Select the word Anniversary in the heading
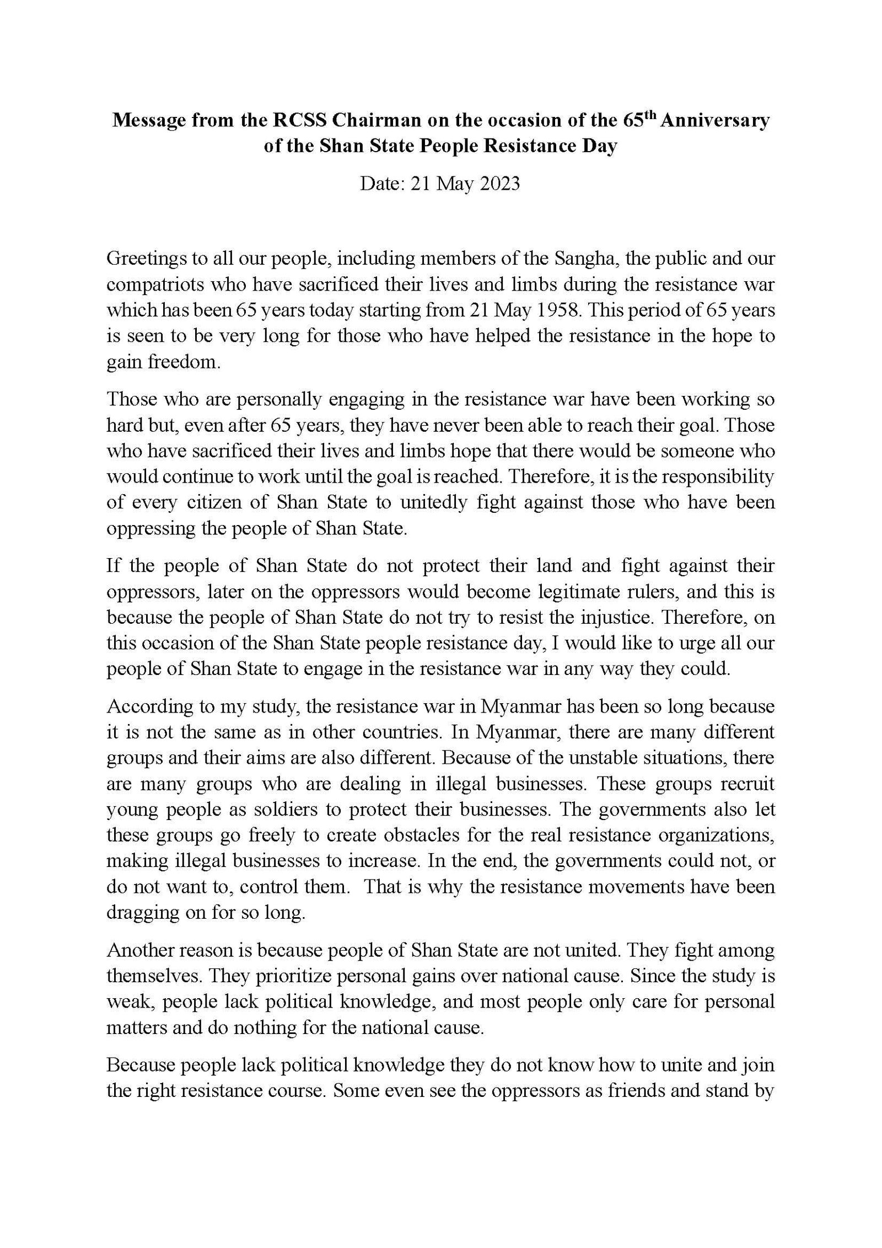pyautogui.click(x=714, y=121)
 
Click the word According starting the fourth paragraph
pyautogui.click(x=142, y=706)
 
